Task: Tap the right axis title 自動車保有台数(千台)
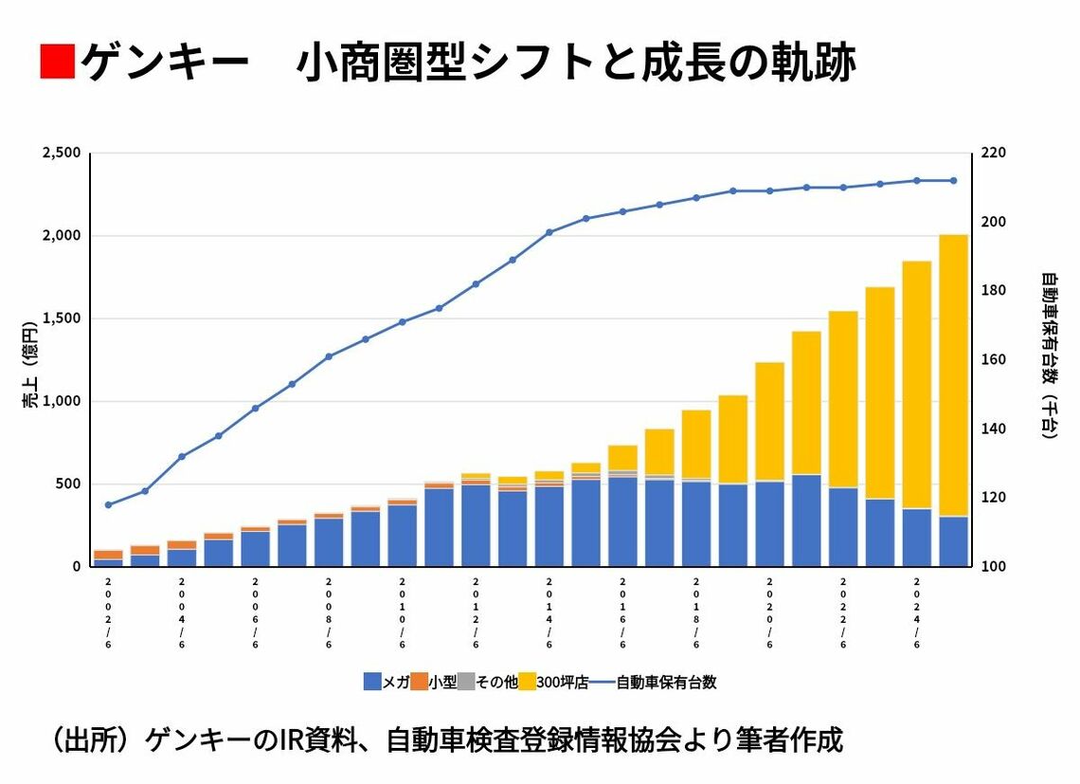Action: [x=1049, y=356]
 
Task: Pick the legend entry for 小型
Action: [x=435, y=682]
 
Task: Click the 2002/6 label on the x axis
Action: [x=108, y=611]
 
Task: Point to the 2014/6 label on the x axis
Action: [x=549, y=611]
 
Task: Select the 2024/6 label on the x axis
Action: [x=917, y=611]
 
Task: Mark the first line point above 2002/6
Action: [x=108, y=504]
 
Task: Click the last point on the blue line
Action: [x=953, y=180]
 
